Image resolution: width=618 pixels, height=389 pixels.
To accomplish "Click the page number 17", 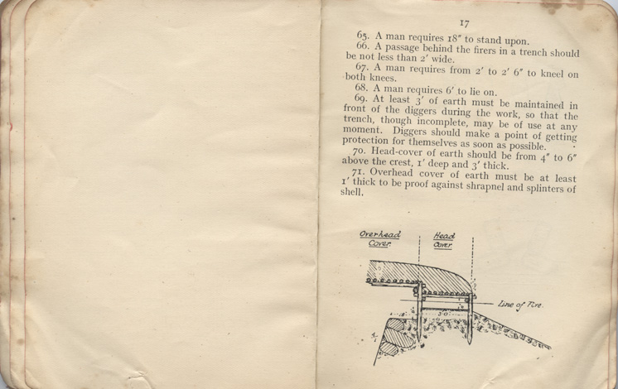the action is tap(464, 24).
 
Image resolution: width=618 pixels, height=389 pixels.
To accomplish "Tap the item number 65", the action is tap(364, 35).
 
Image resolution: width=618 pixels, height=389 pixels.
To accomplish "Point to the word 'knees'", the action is tap(382, 78).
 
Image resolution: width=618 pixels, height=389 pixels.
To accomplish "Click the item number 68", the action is tap(361, 88).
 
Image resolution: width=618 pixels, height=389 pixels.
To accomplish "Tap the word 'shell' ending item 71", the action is tap(351, 192).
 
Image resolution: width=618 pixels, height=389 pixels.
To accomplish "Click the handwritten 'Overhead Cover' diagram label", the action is tap(379, 239).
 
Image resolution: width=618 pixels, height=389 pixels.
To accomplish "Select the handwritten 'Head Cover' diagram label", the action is tap(444, 241).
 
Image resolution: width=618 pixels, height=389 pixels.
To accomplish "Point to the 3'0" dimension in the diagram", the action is tap(443, 315).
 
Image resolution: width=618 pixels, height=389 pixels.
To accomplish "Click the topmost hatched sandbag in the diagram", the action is tap(398, 324).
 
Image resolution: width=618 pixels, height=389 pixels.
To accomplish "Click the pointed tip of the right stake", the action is tap(470, 343).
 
